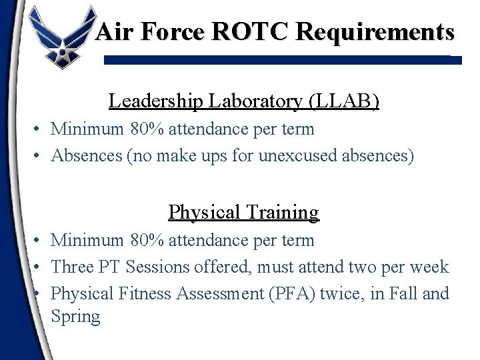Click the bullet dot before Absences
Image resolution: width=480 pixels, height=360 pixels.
coord(41,157)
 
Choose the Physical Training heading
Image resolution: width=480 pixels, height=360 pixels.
coord(244,212)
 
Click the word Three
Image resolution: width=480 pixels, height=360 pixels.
coord(73,267)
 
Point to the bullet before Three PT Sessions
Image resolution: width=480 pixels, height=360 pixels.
coord(41,267)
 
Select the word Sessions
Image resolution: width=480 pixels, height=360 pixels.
coord(157,267)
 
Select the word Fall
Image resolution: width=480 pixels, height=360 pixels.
coord(417,293)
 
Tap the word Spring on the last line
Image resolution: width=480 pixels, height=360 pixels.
coord(75,317)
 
